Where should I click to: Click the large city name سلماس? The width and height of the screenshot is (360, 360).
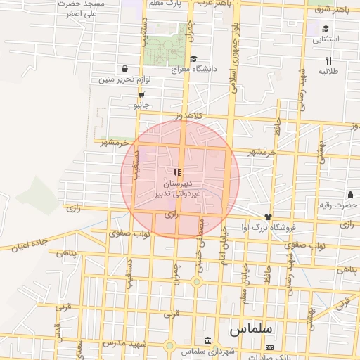click(x=251, y=328)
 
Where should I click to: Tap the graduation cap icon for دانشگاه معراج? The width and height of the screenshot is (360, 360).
click(x=193, y=59)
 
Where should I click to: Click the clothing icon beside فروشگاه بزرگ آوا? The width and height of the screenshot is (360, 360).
click(x=267, y=217)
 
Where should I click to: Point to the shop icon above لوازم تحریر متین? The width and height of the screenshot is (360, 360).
click(x=124, y=69)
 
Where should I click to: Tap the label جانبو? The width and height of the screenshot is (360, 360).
click(x=142, y=105)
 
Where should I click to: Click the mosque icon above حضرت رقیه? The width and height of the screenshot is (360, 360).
click(x=350, y=195)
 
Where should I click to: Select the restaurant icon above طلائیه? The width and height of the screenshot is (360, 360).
click(x=328, y=61)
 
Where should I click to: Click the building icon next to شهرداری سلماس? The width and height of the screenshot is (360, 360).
click(x=206, y=340)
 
